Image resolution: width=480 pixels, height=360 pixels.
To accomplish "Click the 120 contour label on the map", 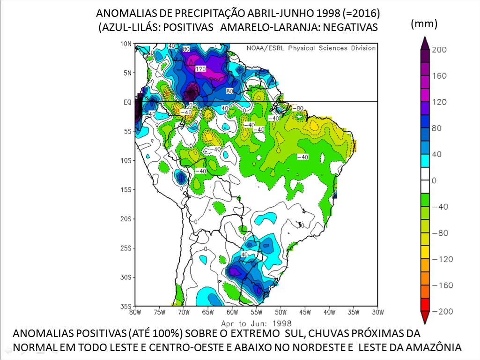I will tap(201, 68).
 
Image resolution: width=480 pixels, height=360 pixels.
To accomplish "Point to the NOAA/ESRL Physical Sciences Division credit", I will tap(311, 48).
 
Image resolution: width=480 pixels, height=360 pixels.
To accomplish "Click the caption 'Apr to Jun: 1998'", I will tap(256, 323).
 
